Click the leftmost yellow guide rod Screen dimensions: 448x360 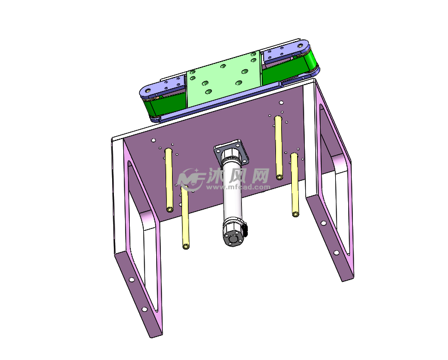169,180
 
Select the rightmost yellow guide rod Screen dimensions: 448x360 295,185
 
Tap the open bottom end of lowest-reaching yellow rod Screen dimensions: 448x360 186,246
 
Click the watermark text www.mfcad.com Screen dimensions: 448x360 238,187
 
